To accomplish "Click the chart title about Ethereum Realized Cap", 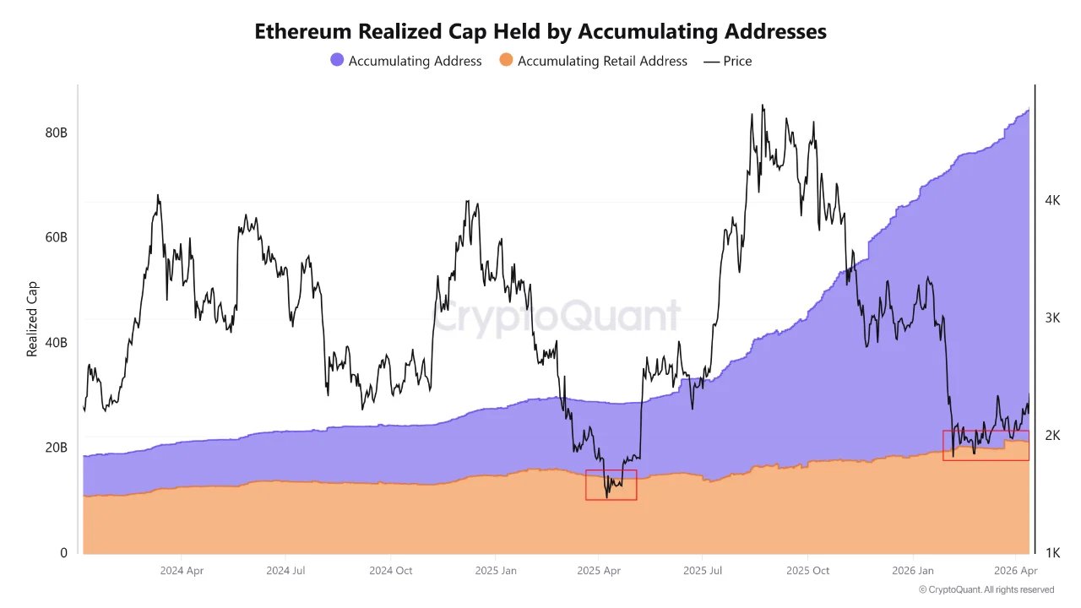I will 540,31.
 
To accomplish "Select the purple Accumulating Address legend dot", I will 337,61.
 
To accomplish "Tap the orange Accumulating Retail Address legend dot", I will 506,61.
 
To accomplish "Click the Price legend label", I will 736,61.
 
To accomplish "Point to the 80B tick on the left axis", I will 57,133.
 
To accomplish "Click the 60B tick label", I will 57,237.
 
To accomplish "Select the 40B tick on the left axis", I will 57,343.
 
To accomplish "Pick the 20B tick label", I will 57,448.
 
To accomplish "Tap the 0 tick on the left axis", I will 63,553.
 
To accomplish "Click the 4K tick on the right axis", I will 1052,201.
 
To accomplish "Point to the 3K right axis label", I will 1052,318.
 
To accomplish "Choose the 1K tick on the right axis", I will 1052,553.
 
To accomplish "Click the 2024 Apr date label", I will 182,571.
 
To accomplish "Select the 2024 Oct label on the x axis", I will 391,571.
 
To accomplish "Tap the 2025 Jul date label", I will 703,571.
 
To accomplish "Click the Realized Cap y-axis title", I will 33,318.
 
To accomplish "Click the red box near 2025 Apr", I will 611,485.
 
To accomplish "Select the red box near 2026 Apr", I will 986,445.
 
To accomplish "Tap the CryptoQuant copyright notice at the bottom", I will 986,589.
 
